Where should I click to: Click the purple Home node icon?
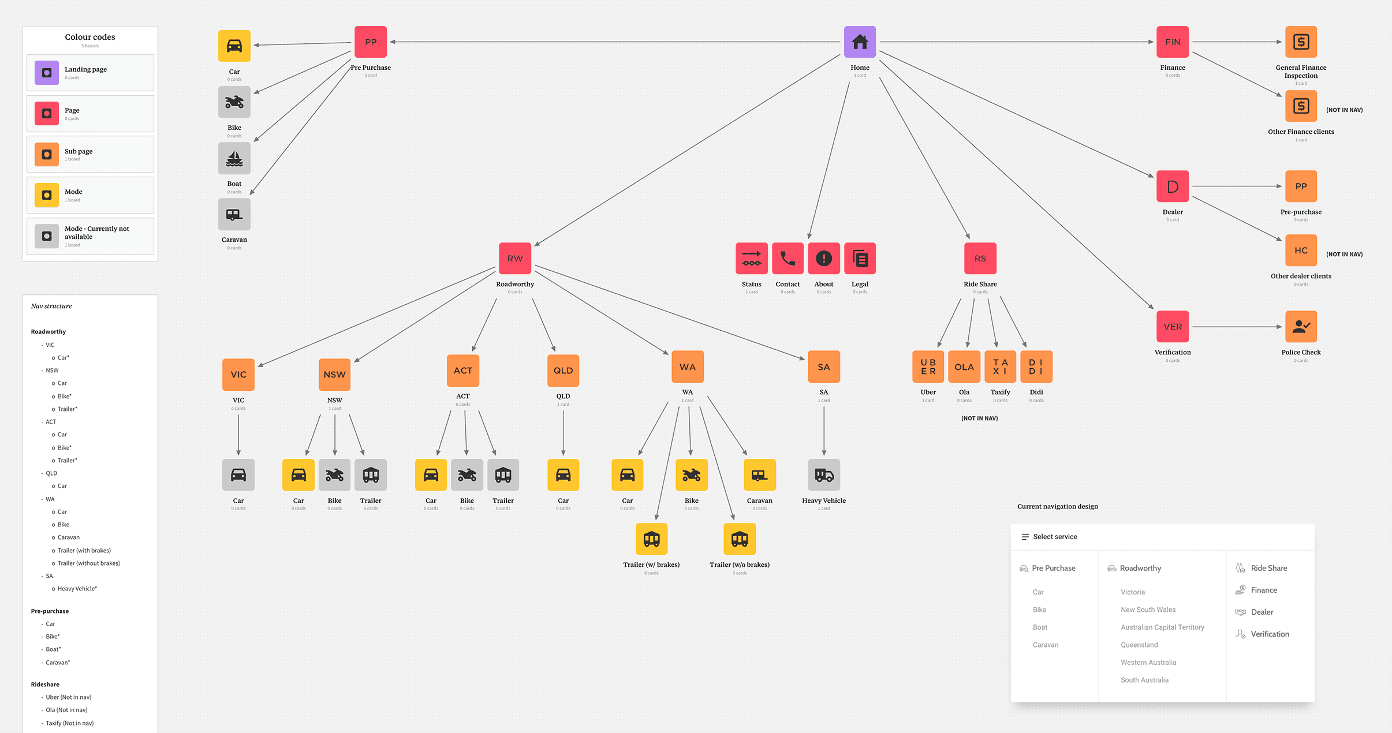pyautogui.click(x=860, y=42)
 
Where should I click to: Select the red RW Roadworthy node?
pyautogui.click(x=514, y=258)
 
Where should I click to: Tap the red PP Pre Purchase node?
pyautogui.click(x=370, y=42)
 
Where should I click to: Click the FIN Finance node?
pyautogui.click(x=1172, y=42)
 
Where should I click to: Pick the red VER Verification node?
pyautogui.click(x=1172, y=326)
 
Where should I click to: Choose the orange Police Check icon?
pyautogui.click(x=1300, y=326)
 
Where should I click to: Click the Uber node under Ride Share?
pyautogui.click(x=928, y=366)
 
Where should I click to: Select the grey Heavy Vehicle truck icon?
pyautogui.click(x=823, y=474)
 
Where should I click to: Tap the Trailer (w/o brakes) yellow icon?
pyautogui.click(x=739, y=538)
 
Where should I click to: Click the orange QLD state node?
pyautogui.click(x=563, y=370)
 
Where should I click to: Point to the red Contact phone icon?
pyautogui.click(x=788, y=258)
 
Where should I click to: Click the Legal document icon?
pyautogui.click(x=860, y=258)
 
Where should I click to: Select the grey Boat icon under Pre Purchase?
pyautogui.click(x=234, y=158)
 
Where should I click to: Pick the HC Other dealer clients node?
pyautogui.click(x=1300, y=250)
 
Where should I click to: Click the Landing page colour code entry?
pyautogui.click(x=90, y=73)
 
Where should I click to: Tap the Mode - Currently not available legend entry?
pyautogui.click(x=90, y=236)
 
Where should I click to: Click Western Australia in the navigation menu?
pyautogui.click(x=1148, y=662)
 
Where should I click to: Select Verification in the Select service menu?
pyautogui.click(x=1269, y=634)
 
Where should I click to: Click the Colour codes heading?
pyautogui.click(x=89, y=37)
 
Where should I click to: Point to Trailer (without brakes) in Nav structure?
pyautogui.click(x=88, y=563)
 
